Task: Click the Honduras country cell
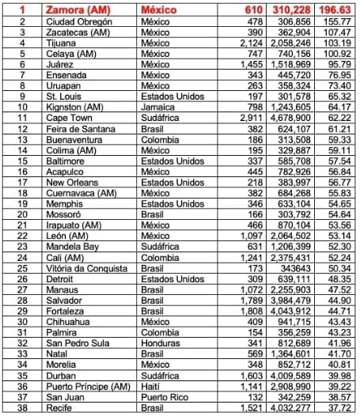click(x=161, y=345)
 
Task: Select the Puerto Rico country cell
click(x=165, y=397)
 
